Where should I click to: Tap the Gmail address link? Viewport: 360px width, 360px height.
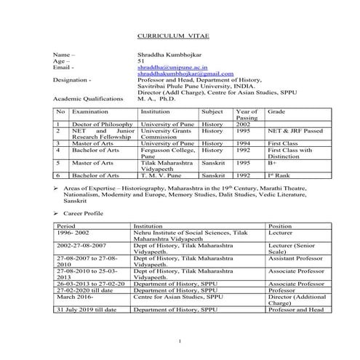[x=185, y=74]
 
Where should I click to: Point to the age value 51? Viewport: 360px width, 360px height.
[x=141, y=61]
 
